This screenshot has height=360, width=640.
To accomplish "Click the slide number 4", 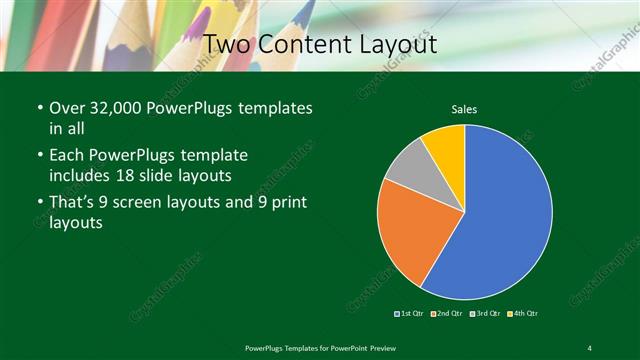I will pos(589,347).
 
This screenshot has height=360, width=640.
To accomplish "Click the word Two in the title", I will pos(226,45).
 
